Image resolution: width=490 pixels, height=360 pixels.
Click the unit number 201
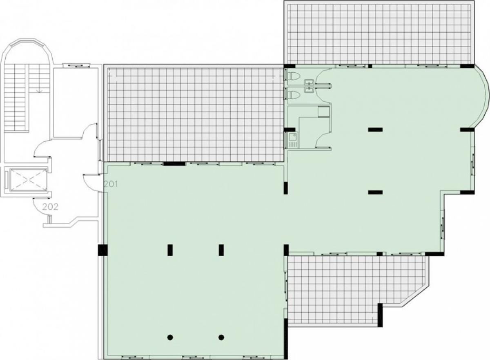[x=111, y=184]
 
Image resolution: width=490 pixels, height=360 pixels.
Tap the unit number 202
[x=50, y=207]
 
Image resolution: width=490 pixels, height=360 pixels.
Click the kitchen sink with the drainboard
[x=292, y=140]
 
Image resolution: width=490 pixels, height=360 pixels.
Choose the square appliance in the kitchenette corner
[x=323, y=112]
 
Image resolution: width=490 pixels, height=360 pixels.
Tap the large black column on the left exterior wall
[x=102, y=250]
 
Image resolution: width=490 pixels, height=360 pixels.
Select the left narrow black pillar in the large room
[x=170, y=250]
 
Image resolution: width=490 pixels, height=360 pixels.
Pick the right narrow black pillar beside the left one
[x=221, y=250]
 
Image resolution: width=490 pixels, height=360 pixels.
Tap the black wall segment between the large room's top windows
[x=174, y=163]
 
